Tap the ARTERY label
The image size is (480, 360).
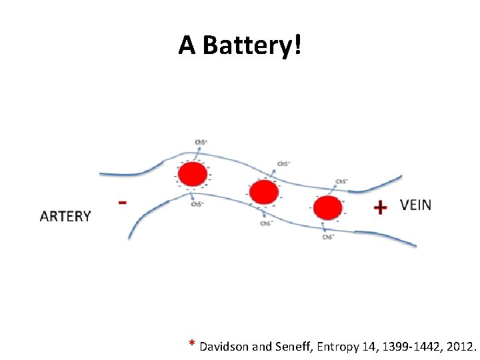65,216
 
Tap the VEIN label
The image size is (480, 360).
415,205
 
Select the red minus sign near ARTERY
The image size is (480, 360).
122,202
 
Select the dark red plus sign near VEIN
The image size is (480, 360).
380,208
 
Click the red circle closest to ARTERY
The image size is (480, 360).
193,175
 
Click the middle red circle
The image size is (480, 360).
264,192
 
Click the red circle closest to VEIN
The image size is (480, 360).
327,207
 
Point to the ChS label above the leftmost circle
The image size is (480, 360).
200,142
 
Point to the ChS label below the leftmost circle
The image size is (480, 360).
197,204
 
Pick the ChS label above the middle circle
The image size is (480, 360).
283,163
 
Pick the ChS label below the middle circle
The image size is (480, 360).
265,223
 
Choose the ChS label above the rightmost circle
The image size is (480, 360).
341,181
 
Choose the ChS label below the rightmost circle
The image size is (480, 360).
328,237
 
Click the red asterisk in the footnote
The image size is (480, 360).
192,345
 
